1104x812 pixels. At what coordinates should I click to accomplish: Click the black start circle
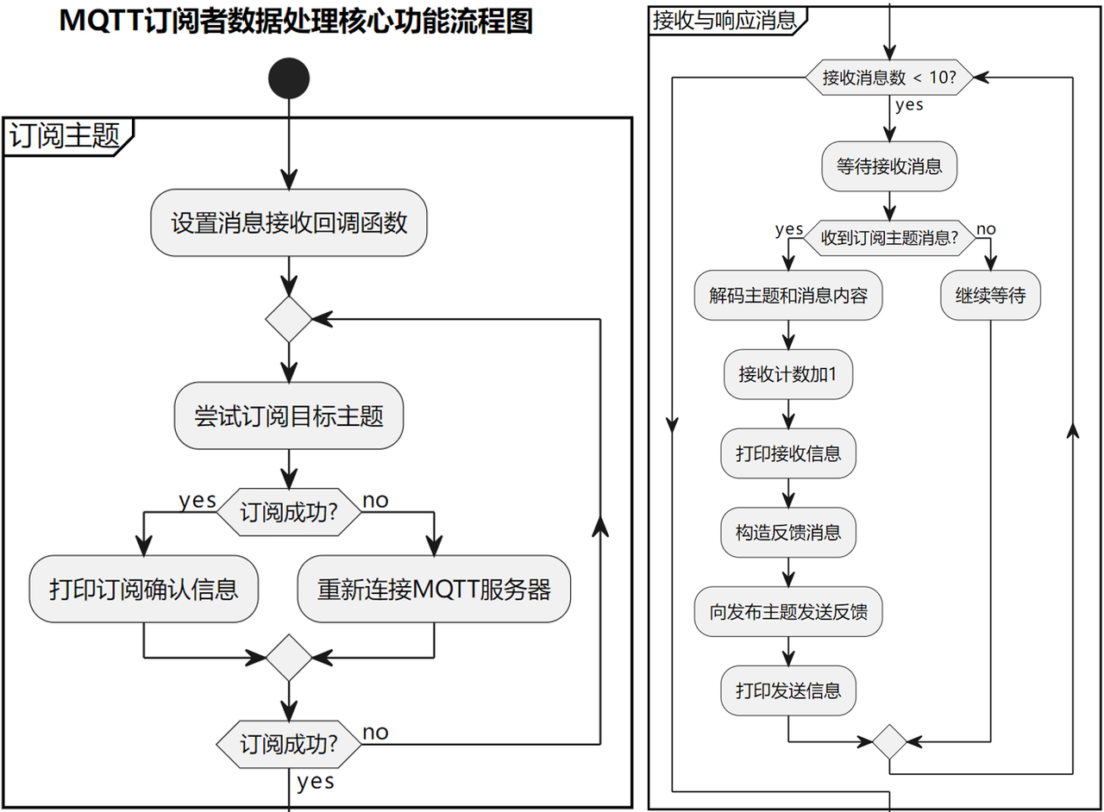pos(289,78)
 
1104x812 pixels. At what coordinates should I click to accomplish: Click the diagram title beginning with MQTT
pos(296,22)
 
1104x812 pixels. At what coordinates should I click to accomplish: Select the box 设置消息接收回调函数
pos(289,222)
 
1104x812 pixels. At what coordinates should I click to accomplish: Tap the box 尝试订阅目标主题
pos(289,415)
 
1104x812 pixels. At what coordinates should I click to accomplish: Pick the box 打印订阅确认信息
pos(143,589)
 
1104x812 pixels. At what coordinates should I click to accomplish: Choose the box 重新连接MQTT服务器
pos(434,589)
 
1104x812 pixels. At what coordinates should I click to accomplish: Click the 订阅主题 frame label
pos(65,135)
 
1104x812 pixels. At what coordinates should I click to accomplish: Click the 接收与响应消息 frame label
pos(724,21)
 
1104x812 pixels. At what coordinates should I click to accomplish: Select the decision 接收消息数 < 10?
pos(889,78)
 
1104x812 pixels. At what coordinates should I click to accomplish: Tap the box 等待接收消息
pos(889,166)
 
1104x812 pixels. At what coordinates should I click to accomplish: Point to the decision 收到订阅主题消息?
pos(889,238)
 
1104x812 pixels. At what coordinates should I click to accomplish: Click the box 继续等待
pos(991,295)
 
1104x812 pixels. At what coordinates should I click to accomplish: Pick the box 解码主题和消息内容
pos(788,295)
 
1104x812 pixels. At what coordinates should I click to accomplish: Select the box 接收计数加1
pos(788,374)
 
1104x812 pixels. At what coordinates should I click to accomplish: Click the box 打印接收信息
pos(788,453)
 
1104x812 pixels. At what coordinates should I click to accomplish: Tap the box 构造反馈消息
pos(788,533)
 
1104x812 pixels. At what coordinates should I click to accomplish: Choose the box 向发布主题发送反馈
pos(788,611)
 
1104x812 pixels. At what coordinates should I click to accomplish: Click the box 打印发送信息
pos(788,690)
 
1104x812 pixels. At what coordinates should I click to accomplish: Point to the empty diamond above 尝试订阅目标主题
pos(289,319)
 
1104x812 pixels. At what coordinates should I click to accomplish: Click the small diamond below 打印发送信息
pos(889,741)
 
